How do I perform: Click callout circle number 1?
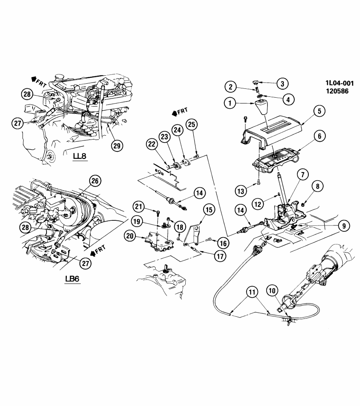click(231, 103)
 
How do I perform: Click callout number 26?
click(96, 181)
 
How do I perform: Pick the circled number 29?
click(117, 145)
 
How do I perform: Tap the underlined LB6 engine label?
click(73, 279)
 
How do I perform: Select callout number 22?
click(151, 145)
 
